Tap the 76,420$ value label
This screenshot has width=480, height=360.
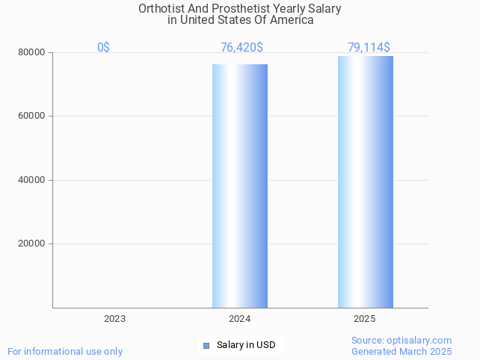[x=241, y=47]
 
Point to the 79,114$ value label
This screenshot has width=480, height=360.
[x=368, y=47]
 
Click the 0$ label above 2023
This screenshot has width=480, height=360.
[x=103, y=47]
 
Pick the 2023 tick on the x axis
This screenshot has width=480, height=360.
[x=114, y=319]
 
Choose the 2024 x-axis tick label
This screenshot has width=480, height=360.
[x=239, y=319]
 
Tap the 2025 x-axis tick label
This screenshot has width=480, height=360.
[x=364, y=319]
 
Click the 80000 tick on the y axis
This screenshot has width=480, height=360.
[x=32, y=53]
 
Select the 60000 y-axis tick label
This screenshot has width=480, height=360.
[x=32, y=117]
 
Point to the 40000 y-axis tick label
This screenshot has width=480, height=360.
[x=32, y=180]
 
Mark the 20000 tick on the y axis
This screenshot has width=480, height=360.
[x=32, y=243]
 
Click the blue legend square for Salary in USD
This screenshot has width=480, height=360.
[x=206, y=345]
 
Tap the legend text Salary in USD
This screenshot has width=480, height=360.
[x=246, y=345]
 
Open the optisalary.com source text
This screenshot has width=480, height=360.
[x=401, y=341]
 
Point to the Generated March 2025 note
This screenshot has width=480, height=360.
[x=401, y=351]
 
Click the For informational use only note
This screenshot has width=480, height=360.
[x=65, y=351]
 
